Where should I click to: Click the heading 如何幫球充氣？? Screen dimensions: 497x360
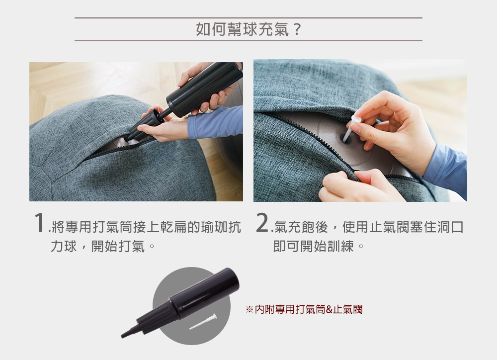pos(248,29)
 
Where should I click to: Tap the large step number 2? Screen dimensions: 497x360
pos(262,222)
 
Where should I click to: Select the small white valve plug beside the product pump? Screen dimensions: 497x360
pos(203,321)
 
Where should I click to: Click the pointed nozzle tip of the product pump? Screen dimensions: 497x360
pos(124,335)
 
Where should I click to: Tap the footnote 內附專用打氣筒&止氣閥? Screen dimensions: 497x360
pos(309,309)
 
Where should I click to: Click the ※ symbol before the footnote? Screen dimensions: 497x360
pos(249,310)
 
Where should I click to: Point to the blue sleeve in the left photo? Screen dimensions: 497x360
pos(216,123)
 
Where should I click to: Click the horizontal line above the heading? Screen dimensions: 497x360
pos(248,18)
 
